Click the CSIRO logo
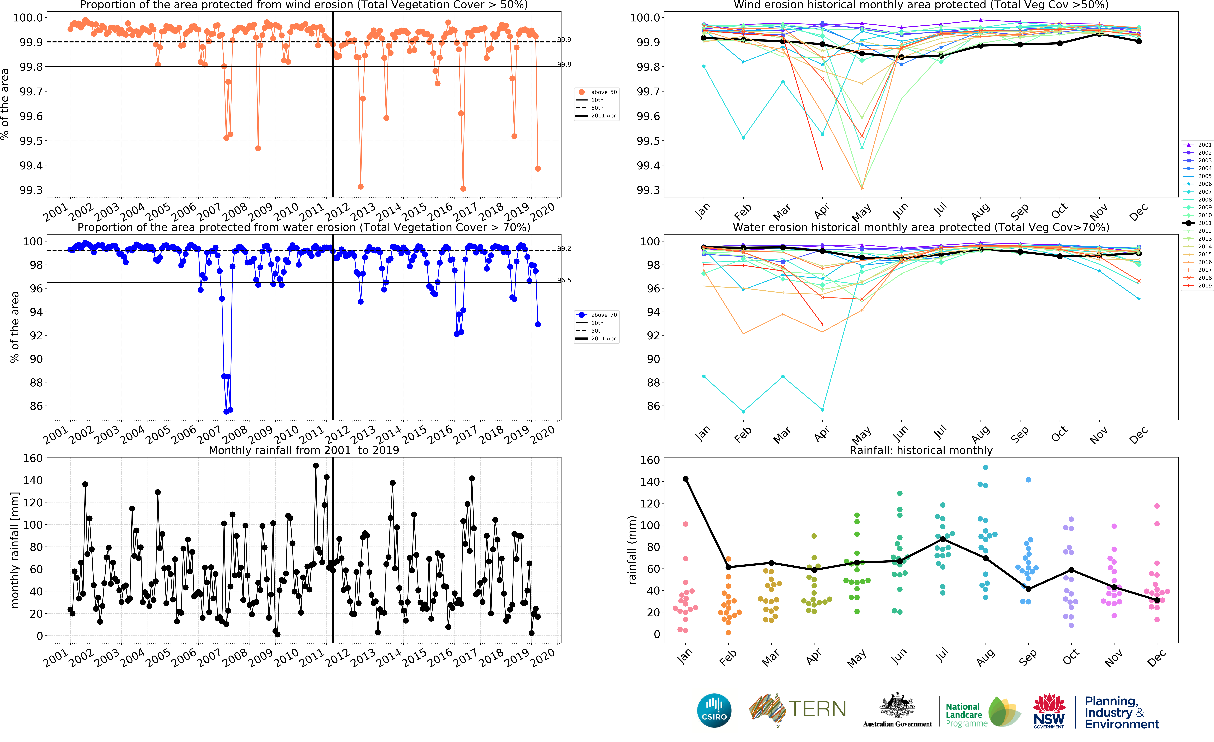tap(714, 710)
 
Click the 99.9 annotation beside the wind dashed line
tap(564, 39)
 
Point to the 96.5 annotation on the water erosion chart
tap(564, 280)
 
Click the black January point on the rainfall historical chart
tap(685, 479)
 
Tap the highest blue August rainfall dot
tap(985, 467)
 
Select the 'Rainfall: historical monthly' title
tap(921, 450)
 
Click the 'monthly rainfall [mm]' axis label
tap(15, 550)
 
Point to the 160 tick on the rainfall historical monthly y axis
tap(649, 460)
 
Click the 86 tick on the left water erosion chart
tap(36, 406)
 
